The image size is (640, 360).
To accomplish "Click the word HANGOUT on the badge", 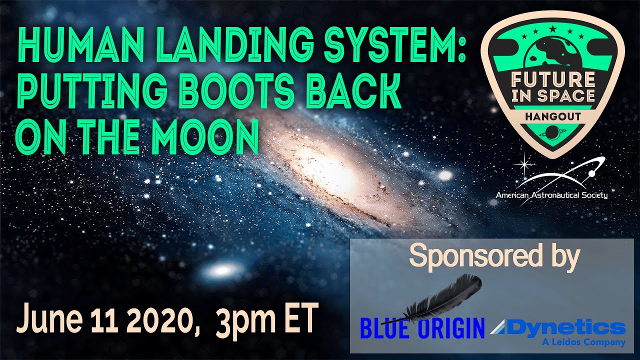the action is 553,116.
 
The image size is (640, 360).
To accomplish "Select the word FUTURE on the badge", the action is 553,79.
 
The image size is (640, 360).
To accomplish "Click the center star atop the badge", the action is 553,28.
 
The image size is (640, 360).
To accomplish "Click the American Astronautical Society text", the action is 551,195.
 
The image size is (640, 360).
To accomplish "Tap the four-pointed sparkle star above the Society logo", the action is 524,164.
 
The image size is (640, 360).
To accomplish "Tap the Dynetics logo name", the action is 557,328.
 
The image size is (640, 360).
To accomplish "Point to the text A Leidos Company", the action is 583,342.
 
